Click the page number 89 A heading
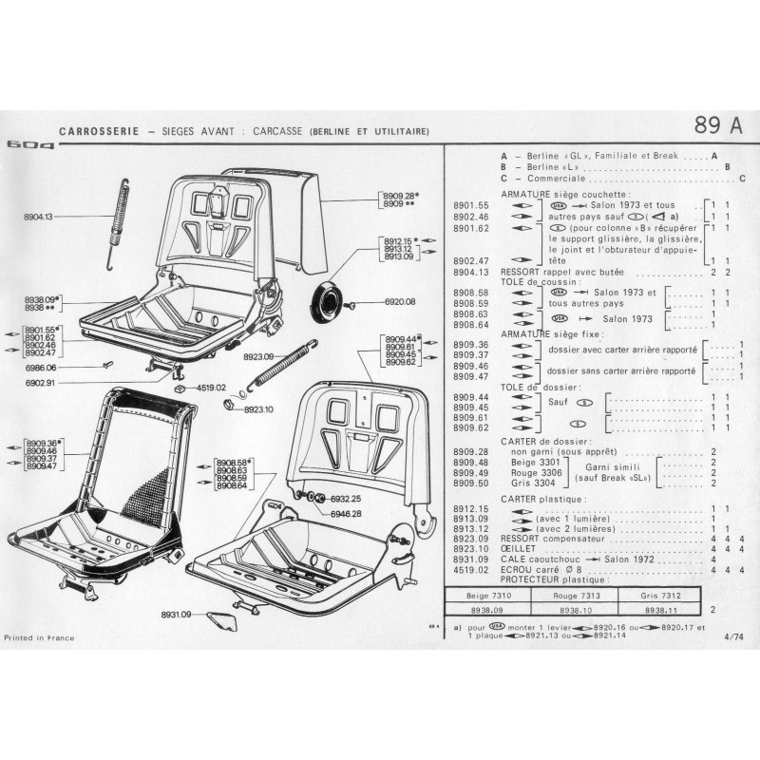pyautogui.click(x=718, y=125)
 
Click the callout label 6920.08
pyautogui.click(x=400, y=302)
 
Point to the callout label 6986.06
pyautogui.click(x=39, y=367)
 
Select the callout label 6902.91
pyautogui.click(x=39, y=383)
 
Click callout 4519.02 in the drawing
pyautogui.click(x=210, y=388)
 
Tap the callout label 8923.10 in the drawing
pyautogui.click(x=258, y=409)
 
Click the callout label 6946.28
pyautogui.click(x=347, y=513)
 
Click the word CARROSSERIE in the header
pyautogui.click(x=94, y=130)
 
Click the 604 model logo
pyautogui.click(x=30, y=145)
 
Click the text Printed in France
pyautogui.click(x=36, y=636)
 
